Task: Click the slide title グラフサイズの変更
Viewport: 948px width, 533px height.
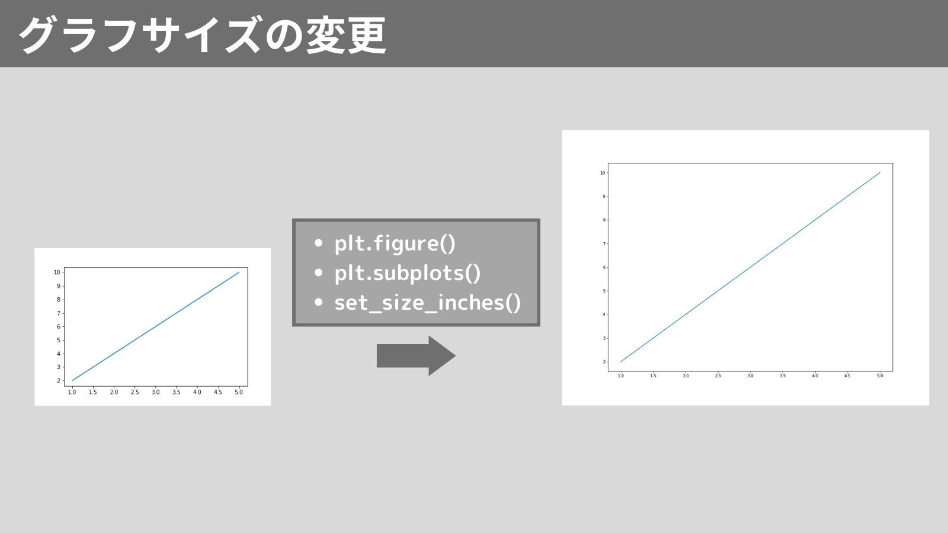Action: click(x=202, y=35)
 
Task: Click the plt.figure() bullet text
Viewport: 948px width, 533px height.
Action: click(x=395, y=243)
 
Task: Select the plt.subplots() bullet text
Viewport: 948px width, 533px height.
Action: click(x=408, y=273)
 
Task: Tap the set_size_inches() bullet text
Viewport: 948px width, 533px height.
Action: click(x=427, y=303)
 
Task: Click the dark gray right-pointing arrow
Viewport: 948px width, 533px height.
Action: click(x=416, y=356)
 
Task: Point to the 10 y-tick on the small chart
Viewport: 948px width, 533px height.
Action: click(x=57, y=272)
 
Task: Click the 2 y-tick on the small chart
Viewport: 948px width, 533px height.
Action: click(x=59, y=380)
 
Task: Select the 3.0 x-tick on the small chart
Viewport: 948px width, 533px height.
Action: click(x=155, y=392)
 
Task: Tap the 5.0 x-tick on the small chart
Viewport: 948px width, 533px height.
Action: click(x=239, y=392)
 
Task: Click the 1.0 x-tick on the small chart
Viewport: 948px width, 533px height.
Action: click(x=72, y=392)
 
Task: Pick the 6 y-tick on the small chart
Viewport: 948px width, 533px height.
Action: click(x=59, y=326)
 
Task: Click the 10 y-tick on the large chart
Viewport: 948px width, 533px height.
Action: click(x=603, y=172)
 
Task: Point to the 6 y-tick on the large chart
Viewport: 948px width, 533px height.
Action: click(x=604, y=267)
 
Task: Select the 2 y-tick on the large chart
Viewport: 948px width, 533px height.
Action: click(x=604, y=362)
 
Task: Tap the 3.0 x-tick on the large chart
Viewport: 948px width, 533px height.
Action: click(x=750, y=375)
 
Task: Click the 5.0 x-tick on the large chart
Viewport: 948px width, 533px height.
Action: click(x=880, y=375)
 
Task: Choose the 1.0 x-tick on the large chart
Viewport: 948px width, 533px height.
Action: click(x=621, y=375)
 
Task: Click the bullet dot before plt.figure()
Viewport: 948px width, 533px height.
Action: click(x=319, y=243)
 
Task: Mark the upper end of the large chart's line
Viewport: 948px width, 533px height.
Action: click(x=880, y=172)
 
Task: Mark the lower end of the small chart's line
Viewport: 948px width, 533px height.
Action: click(x=72, y=381)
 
